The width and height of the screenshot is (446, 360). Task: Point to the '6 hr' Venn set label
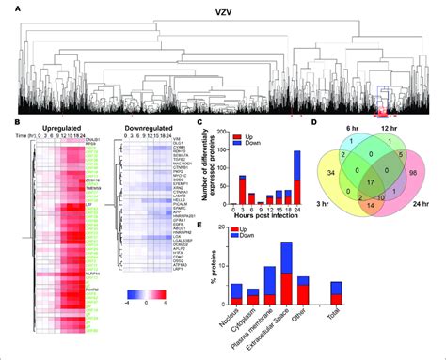350,129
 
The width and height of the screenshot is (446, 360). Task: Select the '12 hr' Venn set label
391,129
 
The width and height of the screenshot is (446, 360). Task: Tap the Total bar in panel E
349,295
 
